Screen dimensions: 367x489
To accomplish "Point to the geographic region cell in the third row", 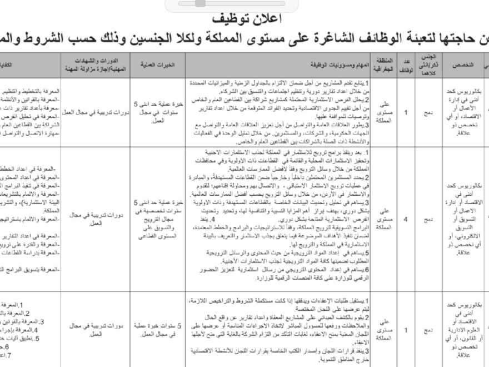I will [385, 330].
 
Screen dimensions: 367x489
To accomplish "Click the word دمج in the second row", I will [428, 220].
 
